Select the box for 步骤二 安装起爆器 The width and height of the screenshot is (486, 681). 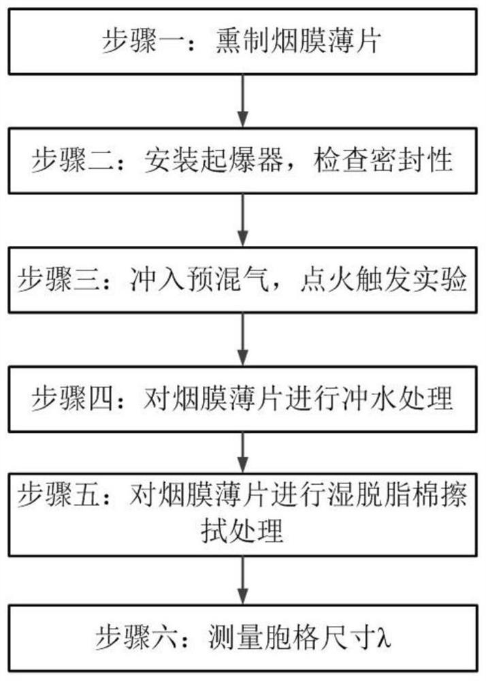[x=242, y=161]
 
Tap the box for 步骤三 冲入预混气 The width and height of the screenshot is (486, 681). [x=242, y=280]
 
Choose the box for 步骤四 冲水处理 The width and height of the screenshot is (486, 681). [x=242, y=398]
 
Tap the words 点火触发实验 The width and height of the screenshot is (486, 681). [x=393, y=280]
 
